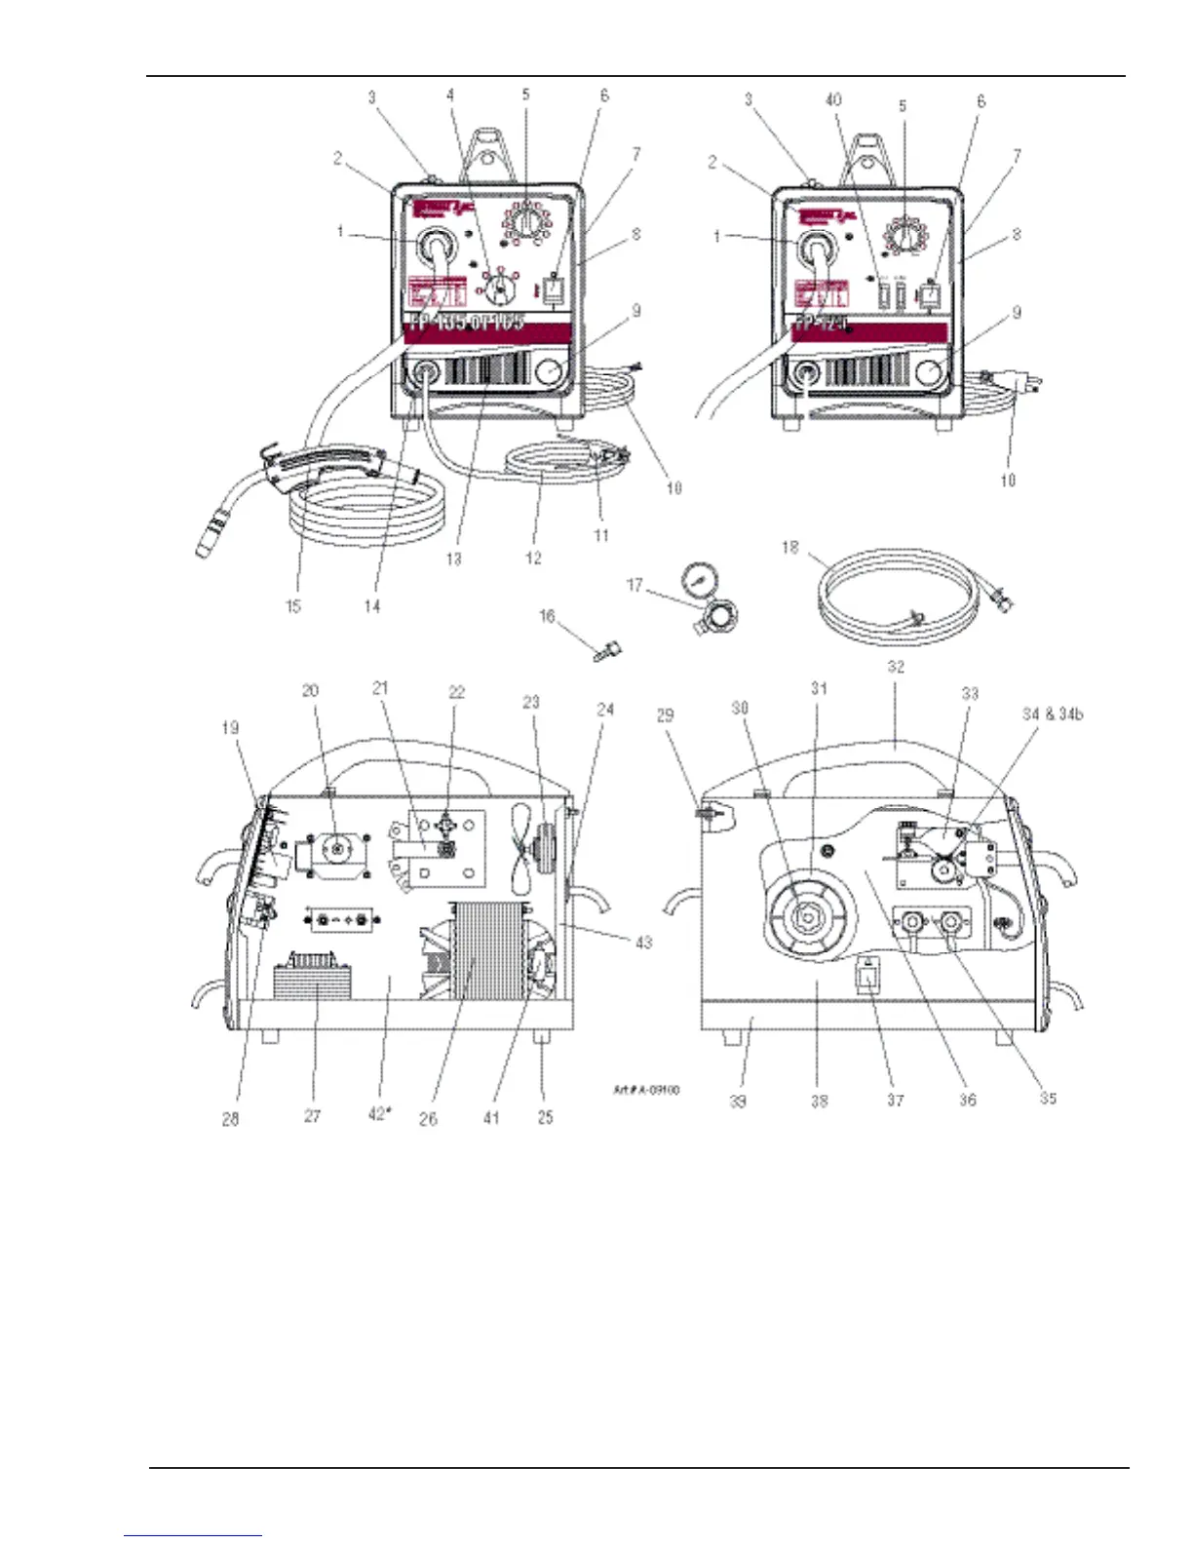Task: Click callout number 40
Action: [833, 99]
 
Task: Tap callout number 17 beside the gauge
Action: [635, 585]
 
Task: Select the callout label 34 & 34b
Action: [1052, 714]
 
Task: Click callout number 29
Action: [665, 715]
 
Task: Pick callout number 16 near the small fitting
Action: [547, 616]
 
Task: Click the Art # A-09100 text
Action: [645, 1090]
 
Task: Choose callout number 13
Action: [453, 560]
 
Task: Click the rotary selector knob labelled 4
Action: [501, 287]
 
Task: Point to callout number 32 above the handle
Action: [896, 668]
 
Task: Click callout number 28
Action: [230, 1119]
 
